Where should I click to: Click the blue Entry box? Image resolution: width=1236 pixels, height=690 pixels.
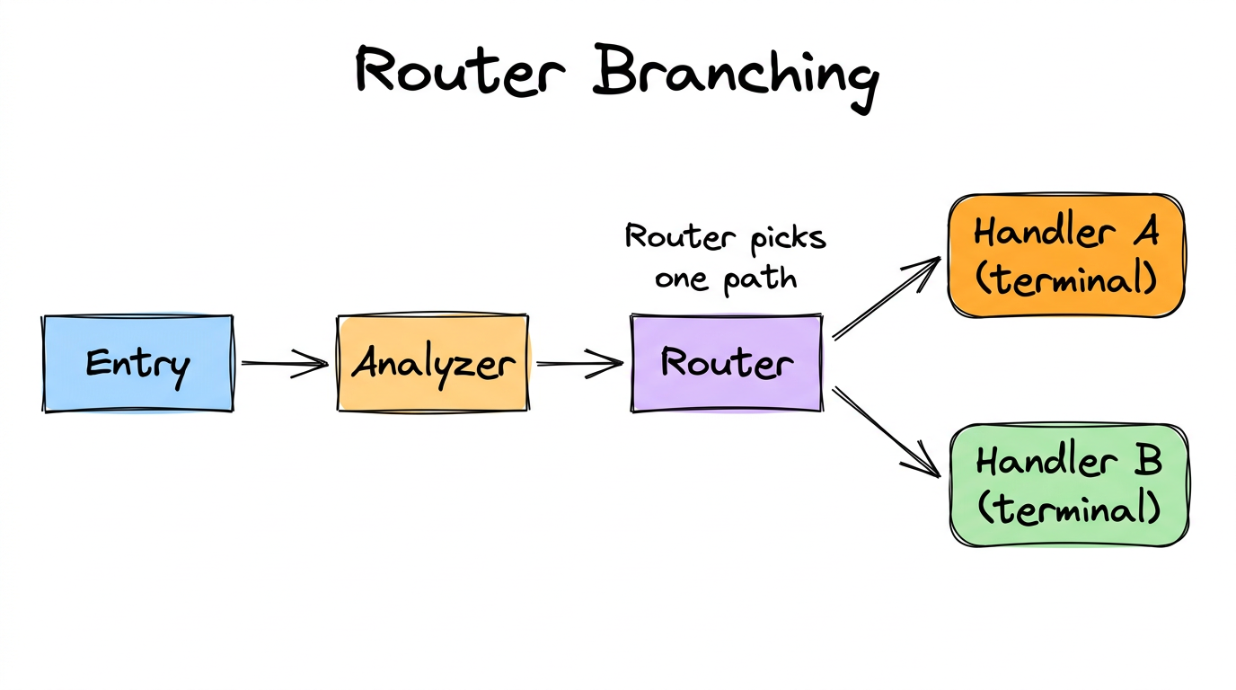[x=138, y=364]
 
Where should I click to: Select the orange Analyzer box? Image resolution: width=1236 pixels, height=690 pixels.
[x=433, y=364]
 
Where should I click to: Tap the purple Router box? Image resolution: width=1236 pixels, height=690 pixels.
[x=727, y=364]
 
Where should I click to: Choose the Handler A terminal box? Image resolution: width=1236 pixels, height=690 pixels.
[x=1066, y=256]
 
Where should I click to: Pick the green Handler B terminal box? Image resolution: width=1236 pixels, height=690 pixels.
[x=1068, y=485]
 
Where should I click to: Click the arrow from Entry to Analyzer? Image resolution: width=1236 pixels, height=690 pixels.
[x=284, y=364]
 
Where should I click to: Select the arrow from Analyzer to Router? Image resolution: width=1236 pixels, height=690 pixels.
[x=578, y=364]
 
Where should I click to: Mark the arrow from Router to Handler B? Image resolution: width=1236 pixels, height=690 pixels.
[x=885, y=430]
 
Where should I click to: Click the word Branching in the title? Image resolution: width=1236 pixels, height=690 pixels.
[x=734, y=74]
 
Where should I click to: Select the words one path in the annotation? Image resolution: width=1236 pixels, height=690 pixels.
[x=726, y=279]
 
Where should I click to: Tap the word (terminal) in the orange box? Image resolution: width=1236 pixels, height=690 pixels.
[x=1066, y=280]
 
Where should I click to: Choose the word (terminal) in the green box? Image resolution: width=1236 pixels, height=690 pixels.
[x=1068, y=509]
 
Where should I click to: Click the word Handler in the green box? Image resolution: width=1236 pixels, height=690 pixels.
[x=1039, y=462]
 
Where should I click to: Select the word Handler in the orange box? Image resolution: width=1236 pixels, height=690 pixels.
[x=1039, y=233]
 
